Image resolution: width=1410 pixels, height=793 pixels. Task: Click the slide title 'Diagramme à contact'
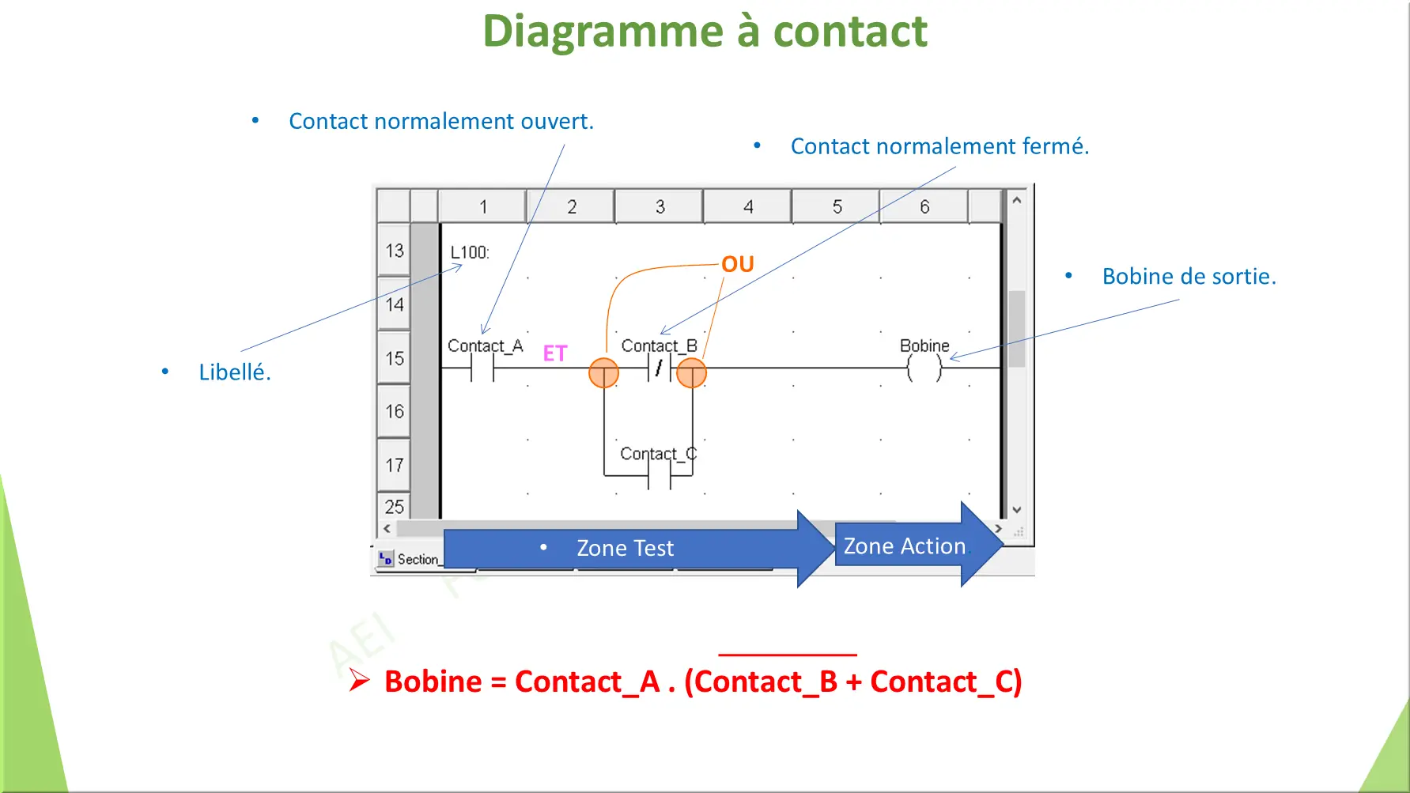coord(705,32)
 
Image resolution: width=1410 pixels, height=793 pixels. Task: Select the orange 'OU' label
coord(737,264)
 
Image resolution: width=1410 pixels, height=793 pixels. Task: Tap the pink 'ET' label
coord(554,353)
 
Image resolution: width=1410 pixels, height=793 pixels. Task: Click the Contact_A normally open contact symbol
coord(482,368)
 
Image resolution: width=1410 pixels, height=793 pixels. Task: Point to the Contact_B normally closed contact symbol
coord(659,368)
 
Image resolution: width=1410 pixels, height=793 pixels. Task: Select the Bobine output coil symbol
coord(924,368)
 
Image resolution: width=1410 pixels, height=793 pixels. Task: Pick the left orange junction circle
coord(603,373)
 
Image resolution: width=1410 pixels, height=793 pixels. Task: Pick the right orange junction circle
coord(691,373)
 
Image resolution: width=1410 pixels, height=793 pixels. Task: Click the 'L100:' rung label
coord(470,252)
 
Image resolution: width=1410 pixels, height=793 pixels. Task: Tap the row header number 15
coord(394,359)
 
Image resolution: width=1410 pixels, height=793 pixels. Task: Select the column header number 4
coord(748,207)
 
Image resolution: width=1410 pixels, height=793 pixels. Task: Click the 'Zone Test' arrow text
coord(625,548)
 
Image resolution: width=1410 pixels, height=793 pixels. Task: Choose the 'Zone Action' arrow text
coord(904,546)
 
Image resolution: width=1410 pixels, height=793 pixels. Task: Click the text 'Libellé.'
coord(234,372)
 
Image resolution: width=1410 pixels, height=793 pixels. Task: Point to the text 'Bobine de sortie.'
coord(1189,277)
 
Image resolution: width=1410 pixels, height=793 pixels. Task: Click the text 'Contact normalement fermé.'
coord(939,146)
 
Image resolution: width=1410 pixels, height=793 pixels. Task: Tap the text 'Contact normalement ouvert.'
coord(440,121)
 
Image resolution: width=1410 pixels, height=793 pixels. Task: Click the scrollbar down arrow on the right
coord(1017,510)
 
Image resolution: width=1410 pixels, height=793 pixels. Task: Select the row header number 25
coord(394,507)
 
